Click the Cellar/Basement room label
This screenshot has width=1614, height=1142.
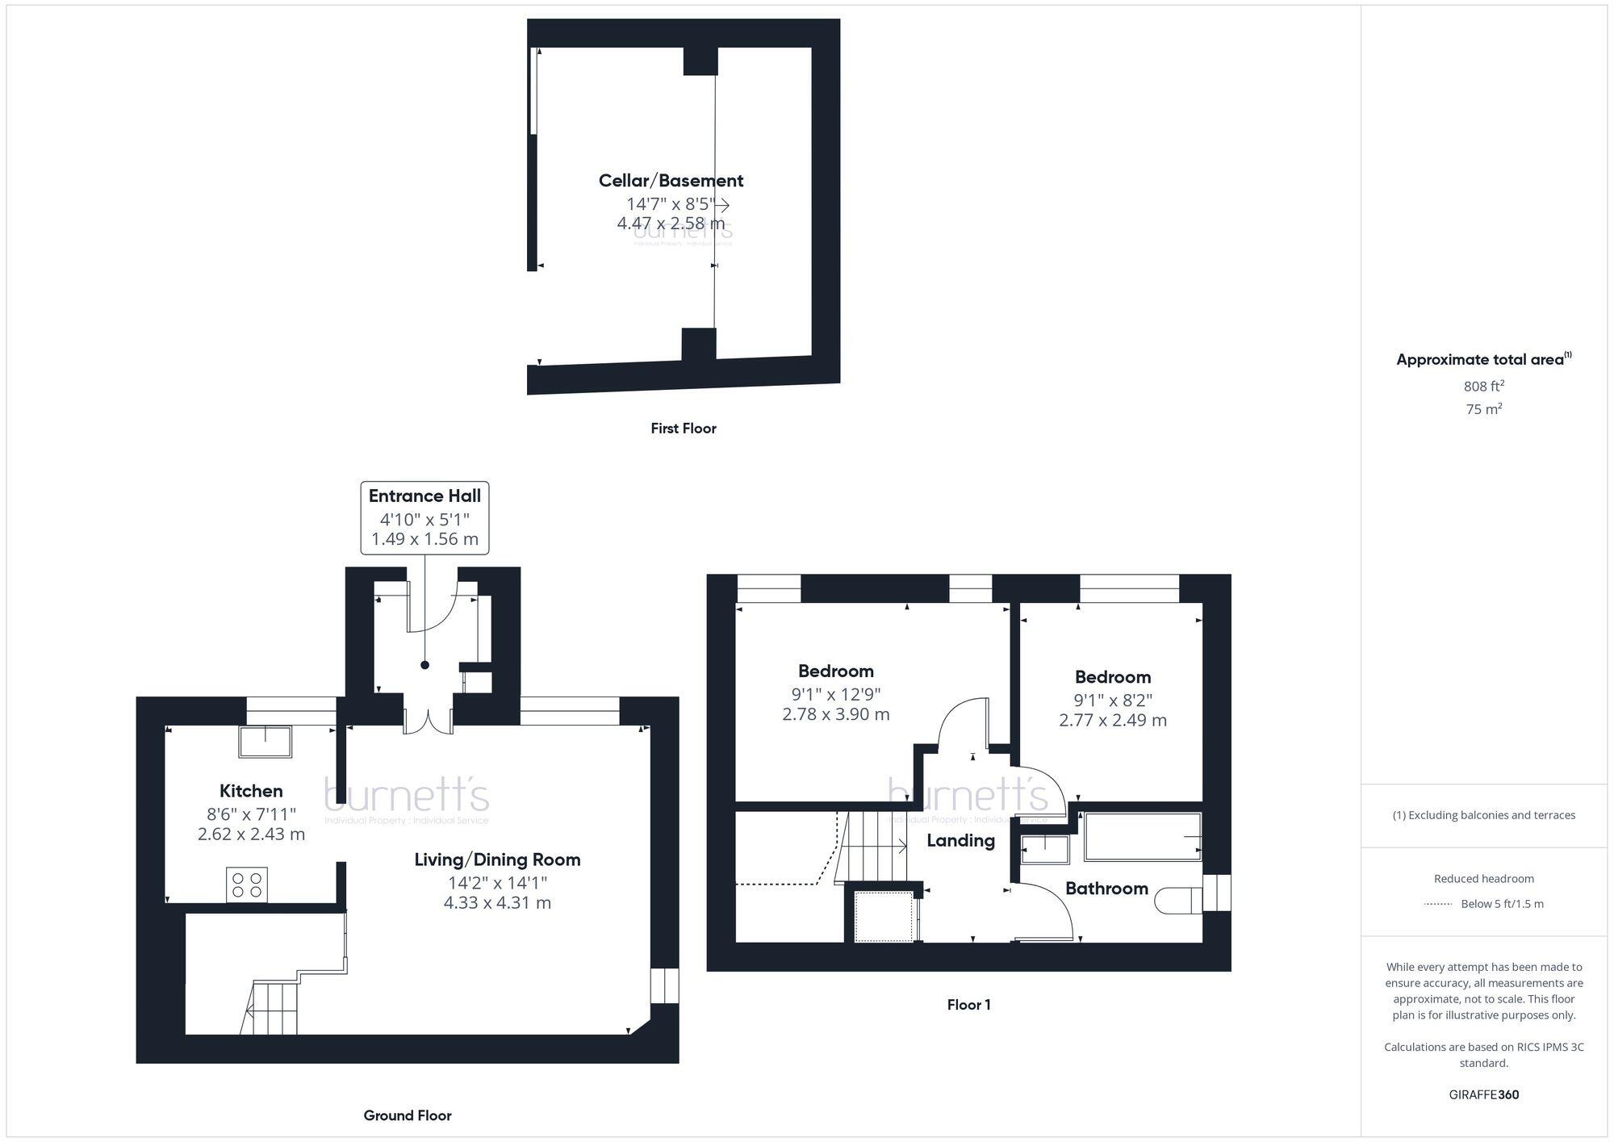tap(671, 181)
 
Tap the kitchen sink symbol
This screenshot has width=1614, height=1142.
tap(265, 742)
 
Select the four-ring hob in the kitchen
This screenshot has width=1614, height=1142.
tap(247, 884)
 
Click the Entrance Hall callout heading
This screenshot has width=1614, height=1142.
tap(424, 496)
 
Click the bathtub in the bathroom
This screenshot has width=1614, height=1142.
tap(1142, 837)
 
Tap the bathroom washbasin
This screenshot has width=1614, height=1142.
tap(1045, 850)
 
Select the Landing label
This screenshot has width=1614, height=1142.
tap(960, 841)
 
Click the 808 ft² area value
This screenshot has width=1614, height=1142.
tap(1483, 387)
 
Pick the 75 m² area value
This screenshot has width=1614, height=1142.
tap(1483, 409)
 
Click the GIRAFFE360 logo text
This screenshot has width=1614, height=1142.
tap(1483, 1095)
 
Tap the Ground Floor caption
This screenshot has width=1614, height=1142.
tap(408, 1115)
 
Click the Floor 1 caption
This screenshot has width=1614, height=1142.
tap(968, 1005)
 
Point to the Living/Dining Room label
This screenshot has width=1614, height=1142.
tap(497, 860)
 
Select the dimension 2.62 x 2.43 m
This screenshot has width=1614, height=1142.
tap(251, 835)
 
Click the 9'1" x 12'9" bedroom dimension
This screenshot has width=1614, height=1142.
tap(835, 694)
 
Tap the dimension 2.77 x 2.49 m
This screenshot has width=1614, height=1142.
tap(1112, 720)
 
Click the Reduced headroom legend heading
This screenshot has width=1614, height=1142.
tap(1483, 879)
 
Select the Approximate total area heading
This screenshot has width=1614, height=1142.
tap(1480, 360)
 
